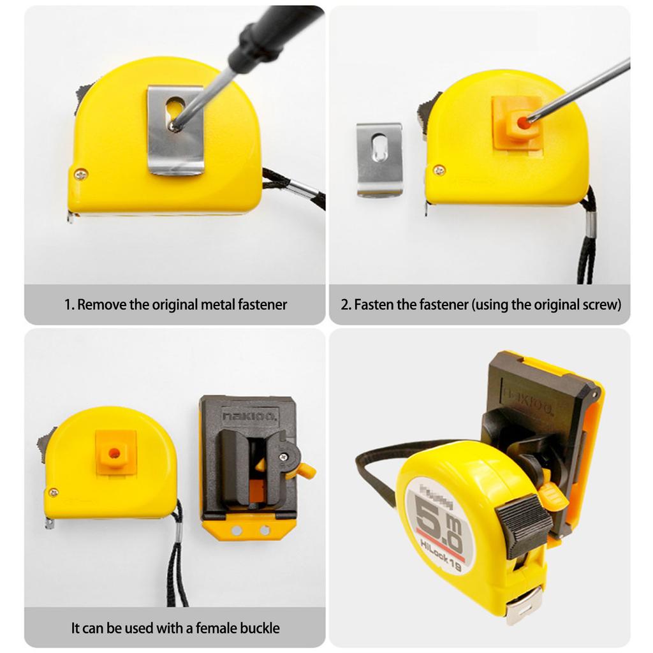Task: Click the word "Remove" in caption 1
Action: point(101,304)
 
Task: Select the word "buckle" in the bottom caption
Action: point(259,628)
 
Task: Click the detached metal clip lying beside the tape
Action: point(379,159)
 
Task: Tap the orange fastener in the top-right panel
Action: point(517,124)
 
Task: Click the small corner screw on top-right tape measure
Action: point(439,170)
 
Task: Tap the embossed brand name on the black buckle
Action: point(249,416)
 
